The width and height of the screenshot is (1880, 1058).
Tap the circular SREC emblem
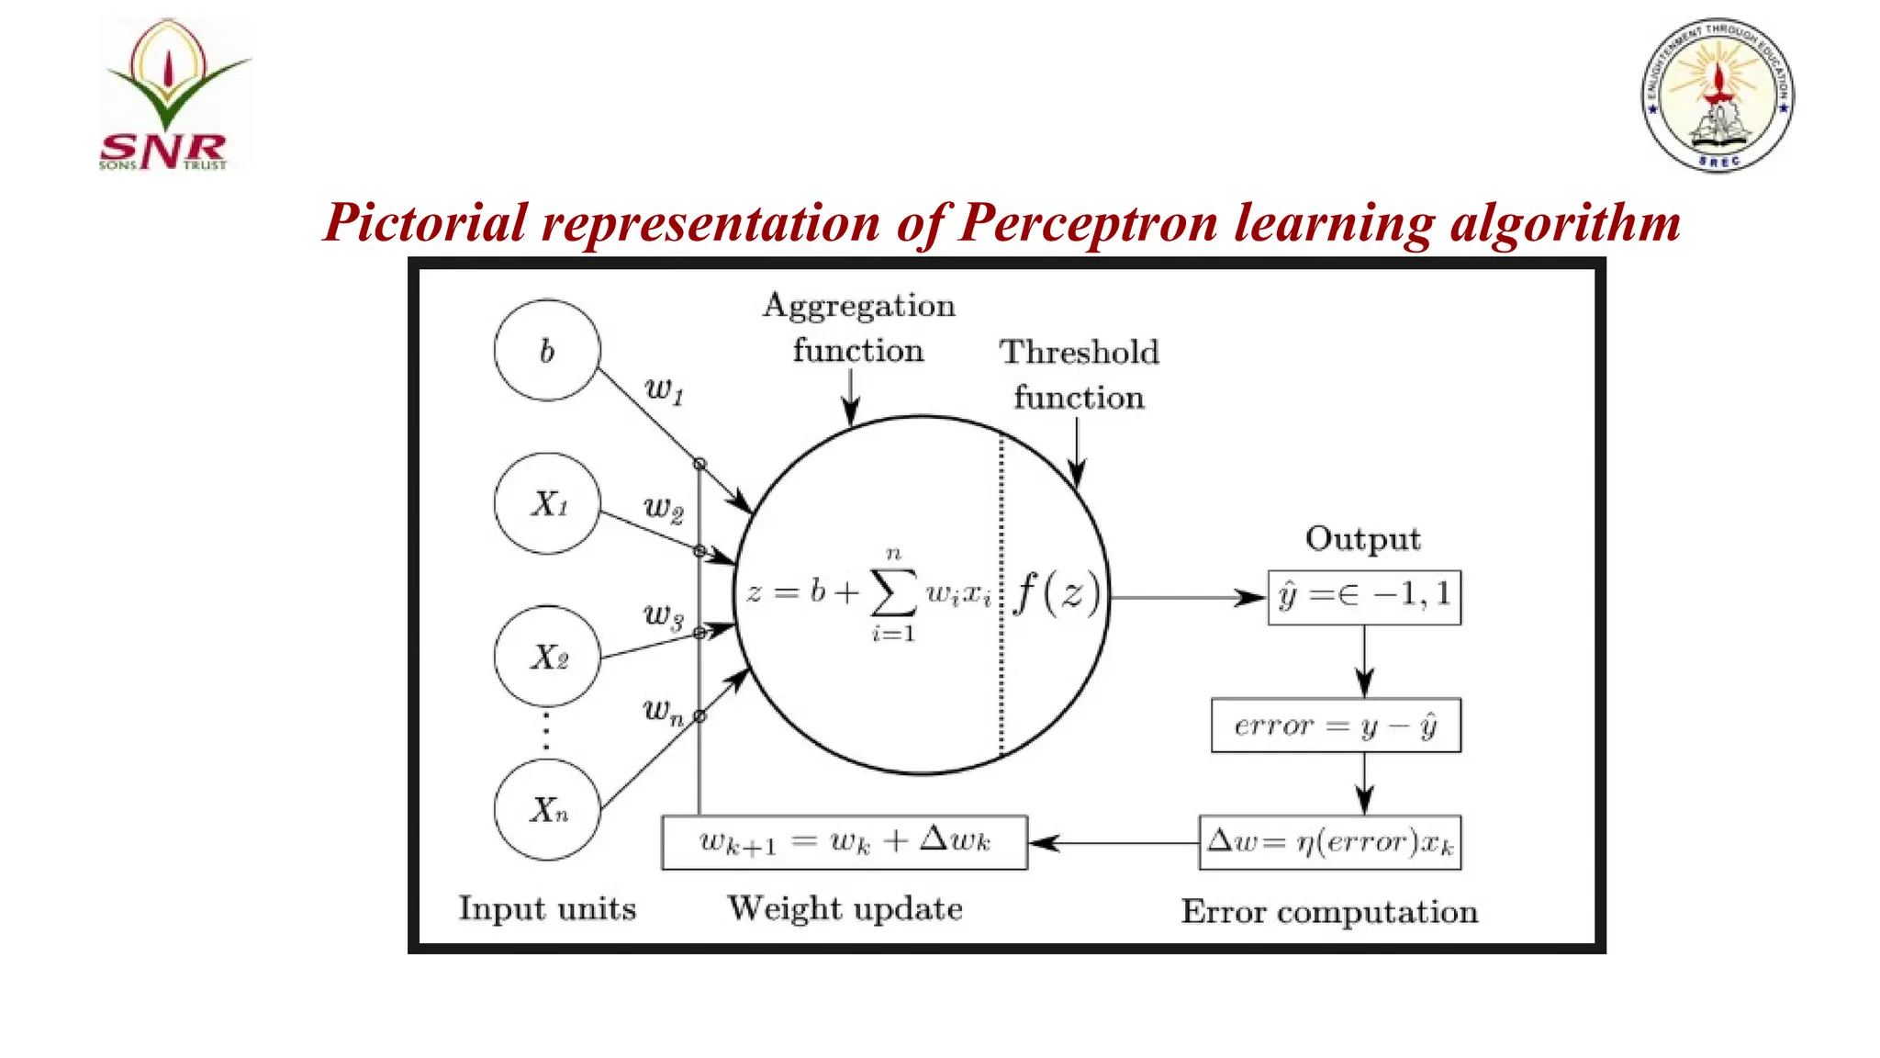tap(1718, 95)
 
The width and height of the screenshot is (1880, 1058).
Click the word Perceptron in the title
tap(1089, 223)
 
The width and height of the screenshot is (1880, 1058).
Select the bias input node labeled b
tap(547, 350)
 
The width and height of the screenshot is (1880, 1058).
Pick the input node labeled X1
tap(547, 503)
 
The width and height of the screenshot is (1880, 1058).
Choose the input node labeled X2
tap(547, 657)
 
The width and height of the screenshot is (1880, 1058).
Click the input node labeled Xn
tap(547, 809)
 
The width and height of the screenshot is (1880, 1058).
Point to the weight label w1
tap(664, 389)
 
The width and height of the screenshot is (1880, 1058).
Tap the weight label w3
tap(663, 614)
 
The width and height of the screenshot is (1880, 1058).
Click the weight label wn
tap(663, 710)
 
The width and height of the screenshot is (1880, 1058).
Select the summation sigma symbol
tap(892, 593)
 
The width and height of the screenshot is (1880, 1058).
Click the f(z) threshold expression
tap(1057, 592)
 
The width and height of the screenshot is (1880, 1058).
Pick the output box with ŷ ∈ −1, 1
tap(1364, 598)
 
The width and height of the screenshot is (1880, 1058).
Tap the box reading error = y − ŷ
tap(1336, 726)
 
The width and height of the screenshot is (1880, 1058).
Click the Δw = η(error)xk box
tap(1330, 842)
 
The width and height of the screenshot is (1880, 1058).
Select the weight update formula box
tap(845, 842)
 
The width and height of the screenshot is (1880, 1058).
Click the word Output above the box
tap(1363, 539)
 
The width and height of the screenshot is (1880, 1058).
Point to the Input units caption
tap(547, 908)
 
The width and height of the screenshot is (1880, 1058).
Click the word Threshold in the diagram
tap(1080, 353)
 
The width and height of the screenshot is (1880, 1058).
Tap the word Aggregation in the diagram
tap(859, 306)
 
